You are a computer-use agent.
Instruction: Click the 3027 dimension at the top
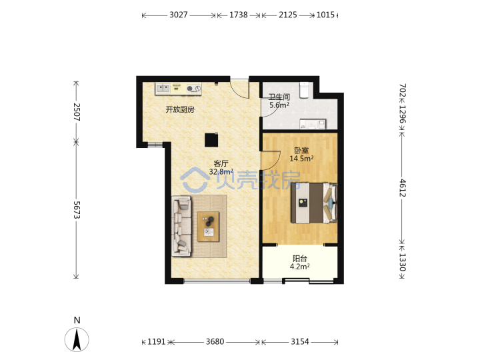click(179, 15)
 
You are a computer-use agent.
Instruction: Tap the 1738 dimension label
click(239, 15)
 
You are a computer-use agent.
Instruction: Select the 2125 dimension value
click(288, 15)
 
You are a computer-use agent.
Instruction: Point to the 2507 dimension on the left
click(77, 112)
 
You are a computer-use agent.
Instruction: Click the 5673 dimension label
click(77, 210)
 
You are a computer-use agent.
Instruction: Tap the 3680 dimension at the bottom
click(215, 341)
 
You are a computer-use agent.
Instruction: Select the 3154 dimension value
click(300, 341)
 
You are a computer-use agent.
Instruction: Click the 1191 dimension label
click(157, 341)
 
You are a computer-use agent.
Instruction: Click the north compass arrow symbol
click(77, 339)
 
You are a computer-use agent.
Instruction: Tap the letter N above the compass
click(77, 320)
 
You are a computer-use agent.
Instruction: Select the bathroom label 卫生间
click(279, 97)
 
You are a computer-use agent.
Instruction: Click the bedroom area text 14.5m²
click(301, 159)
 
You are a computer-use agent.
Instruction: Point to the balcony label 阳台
click(300, 259)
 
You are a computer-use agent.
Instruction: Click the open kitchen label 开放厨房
click(180, 109)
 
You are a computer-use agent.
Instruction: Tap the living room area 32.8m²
click(221, 172)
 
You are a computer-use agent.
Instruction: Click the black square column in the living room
click(211, 140)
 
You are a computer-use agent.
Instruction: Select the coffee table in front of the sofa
click(209, 227)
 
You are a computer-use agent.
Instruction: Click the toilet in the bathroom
click(304, 90)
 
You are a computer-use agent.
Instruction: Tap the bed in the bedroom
click(314, 203)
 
